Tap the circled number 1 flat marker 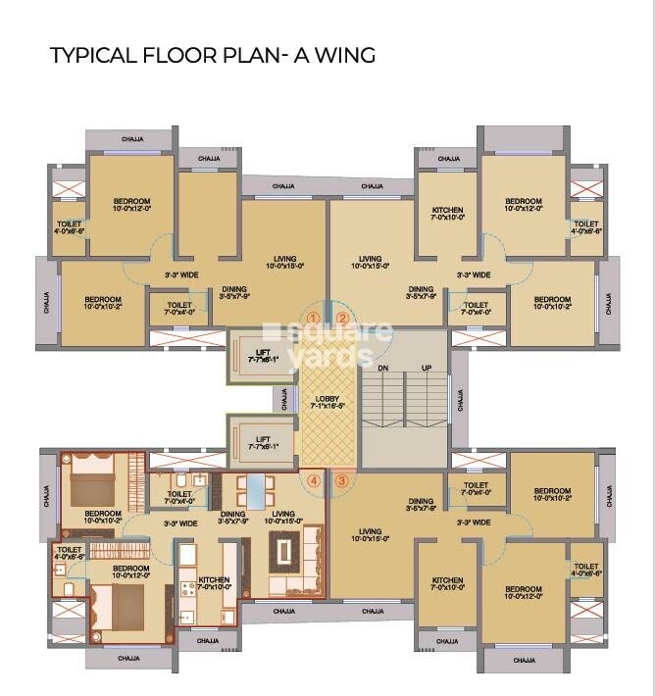coord(313,318)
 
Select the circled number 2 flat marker coord(342,318)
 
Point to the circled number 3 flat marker coord(341,480)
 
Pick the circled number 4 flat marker coord(314,480)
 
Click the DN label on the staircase coord(383,369)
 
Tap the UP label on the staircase coord(427,369)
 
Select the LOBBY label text coord(327,400)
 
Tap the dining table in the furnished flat coord(254,489)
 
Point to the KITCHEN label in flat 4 coord(214,579)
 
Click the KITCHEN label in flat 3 coord(447,580)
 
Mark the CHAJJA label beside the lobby coord(284,399)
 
